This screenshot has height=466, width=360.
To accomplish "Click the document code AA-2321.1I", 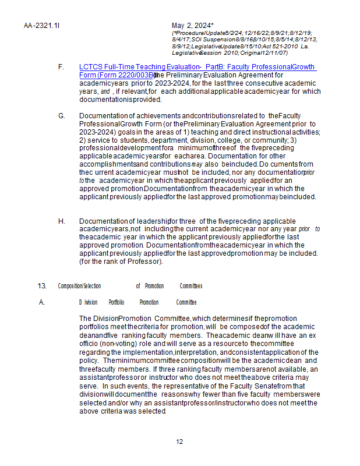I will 42,26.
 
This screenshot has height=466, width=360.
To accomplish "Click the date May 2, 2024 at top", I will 193,26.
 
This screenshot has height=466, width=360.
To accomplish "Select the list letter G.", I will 61,116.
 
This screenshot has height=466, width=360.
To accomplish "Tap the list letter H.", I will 61,221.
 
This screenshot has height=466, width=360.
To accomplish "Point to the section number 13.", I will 42,286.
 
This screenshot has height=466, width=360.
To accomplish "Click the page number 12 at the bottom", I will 179,441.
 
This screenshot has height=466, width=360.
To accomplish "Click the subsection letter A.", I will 42,302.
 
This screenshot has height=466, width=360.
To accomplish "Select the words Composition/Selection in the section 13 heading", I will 79,286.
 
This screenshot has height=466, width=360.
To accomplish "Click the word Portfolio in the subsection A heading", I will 117,302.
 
